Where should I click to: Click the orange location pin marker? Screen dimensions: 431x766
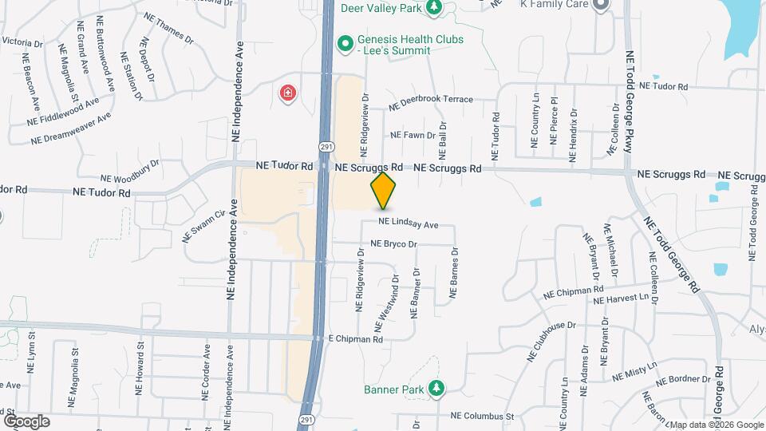(384, 190)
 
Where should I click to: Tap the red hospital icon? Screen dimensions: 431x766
(286, 94)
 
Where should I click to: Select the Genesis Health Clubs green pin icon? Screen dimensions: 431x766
(345, 43)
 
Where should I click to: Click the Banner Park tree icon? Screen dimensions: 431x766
(436, 389)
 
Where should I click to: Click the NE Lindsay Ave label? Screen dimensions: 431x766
(409, 224)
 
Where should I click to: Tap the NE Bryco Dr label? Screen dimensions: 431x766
(394, 244)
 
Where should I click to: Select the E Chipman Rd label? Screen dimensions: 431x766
(356, 338)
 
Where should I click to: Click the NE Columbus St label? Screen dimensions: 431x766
(482, 416)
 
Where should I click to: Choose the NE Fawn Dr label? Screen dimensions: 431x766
(408, 136)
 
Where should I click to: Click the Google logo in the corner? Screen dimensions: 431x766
(26, 421)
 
